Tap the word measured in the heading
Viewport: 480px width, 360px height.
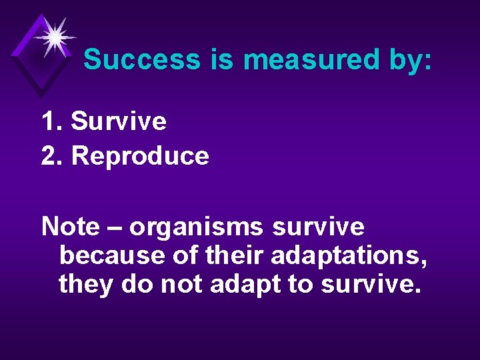click(x=310, y=60)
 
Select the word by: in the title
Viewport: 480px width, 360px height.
click(x=408, y=60)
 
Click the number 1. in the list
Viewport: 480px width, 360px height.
click(x=52, y=121)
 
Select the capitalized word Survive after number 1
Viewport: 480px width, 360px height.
click(x=119, y=121)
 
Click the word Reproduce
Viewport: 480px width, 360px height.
click(x=140, y=156)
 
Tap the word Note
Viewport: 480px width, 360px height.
click(x=69, y=227)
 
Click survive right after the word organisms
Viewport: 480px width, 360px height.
click(x=319, y=227)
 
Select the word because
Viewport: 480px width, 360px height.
click(x=103, y=255)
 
